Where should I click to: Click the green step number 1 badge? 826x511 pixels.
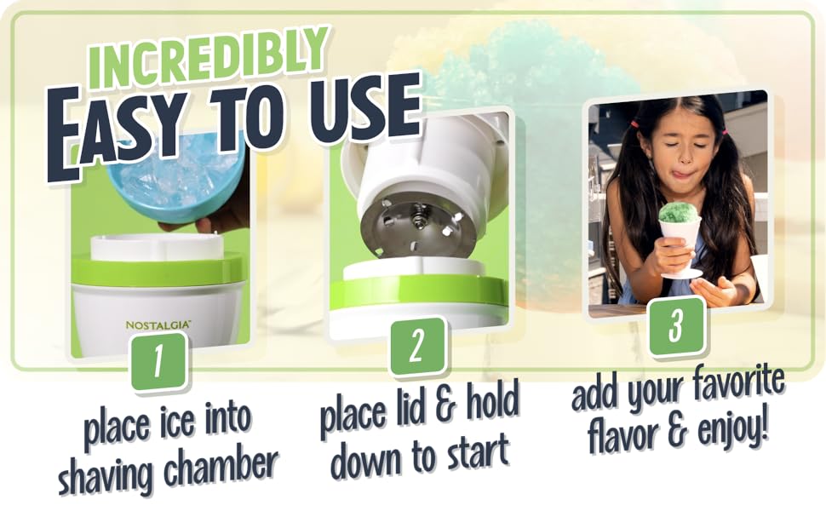[x=158, y=360]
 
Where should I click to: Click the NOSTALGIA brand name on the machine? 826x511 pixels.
[x=158, y=324]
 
